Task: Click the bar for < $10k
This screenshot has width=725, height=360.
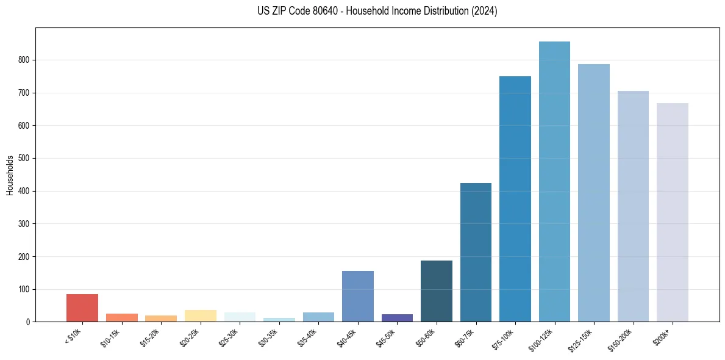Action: (x=82, y=308)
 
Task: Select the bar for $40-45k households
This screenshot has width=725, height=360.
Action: (x=358, y=297)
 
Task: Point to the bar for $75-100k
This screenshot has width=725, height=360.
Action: (x=515, y=199)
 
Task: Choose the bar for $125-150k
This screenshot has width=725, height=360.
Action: (x=594, y=193)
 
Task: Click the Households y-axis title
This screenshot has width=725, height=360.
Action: (x=10, y=175)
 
